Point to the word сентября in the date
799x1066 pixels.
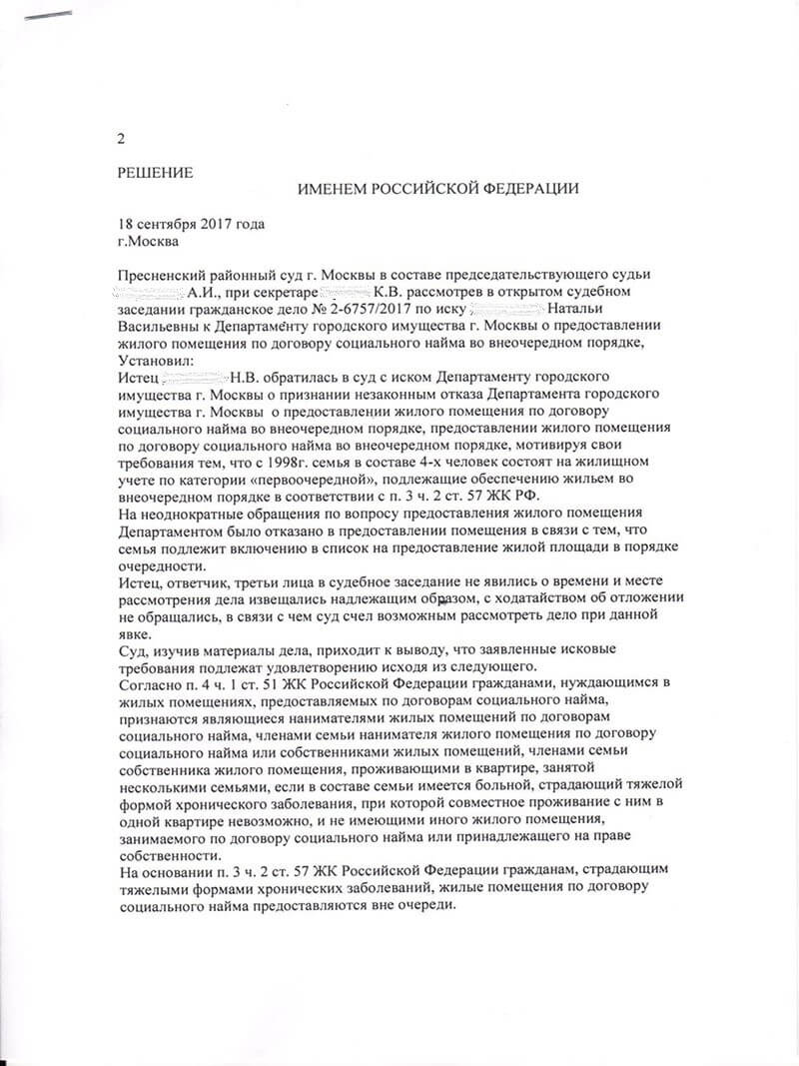click(x=173, y=225)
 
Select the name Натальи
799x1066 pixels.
click(x=577, y=309)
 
